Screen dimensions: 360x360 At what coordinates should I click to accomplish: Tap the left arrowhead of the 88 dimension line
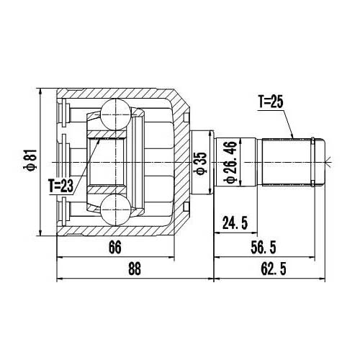[x=58, y=278]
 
